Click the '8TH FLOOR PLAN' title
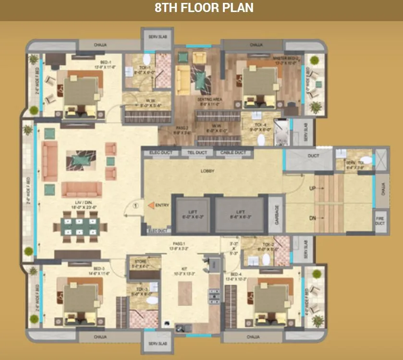[204, 8]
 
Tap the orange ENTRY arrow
[150, 205]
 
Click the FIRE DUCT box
[380, 220]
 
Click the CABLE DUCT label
[232, 153]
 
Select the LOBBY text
[208, 171]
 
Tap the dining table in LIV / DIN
[80, 226]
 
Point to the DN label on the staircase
[313, 219]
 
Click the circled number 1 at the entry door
[136, 206]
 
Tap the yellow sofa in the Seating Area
[183, 78]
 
